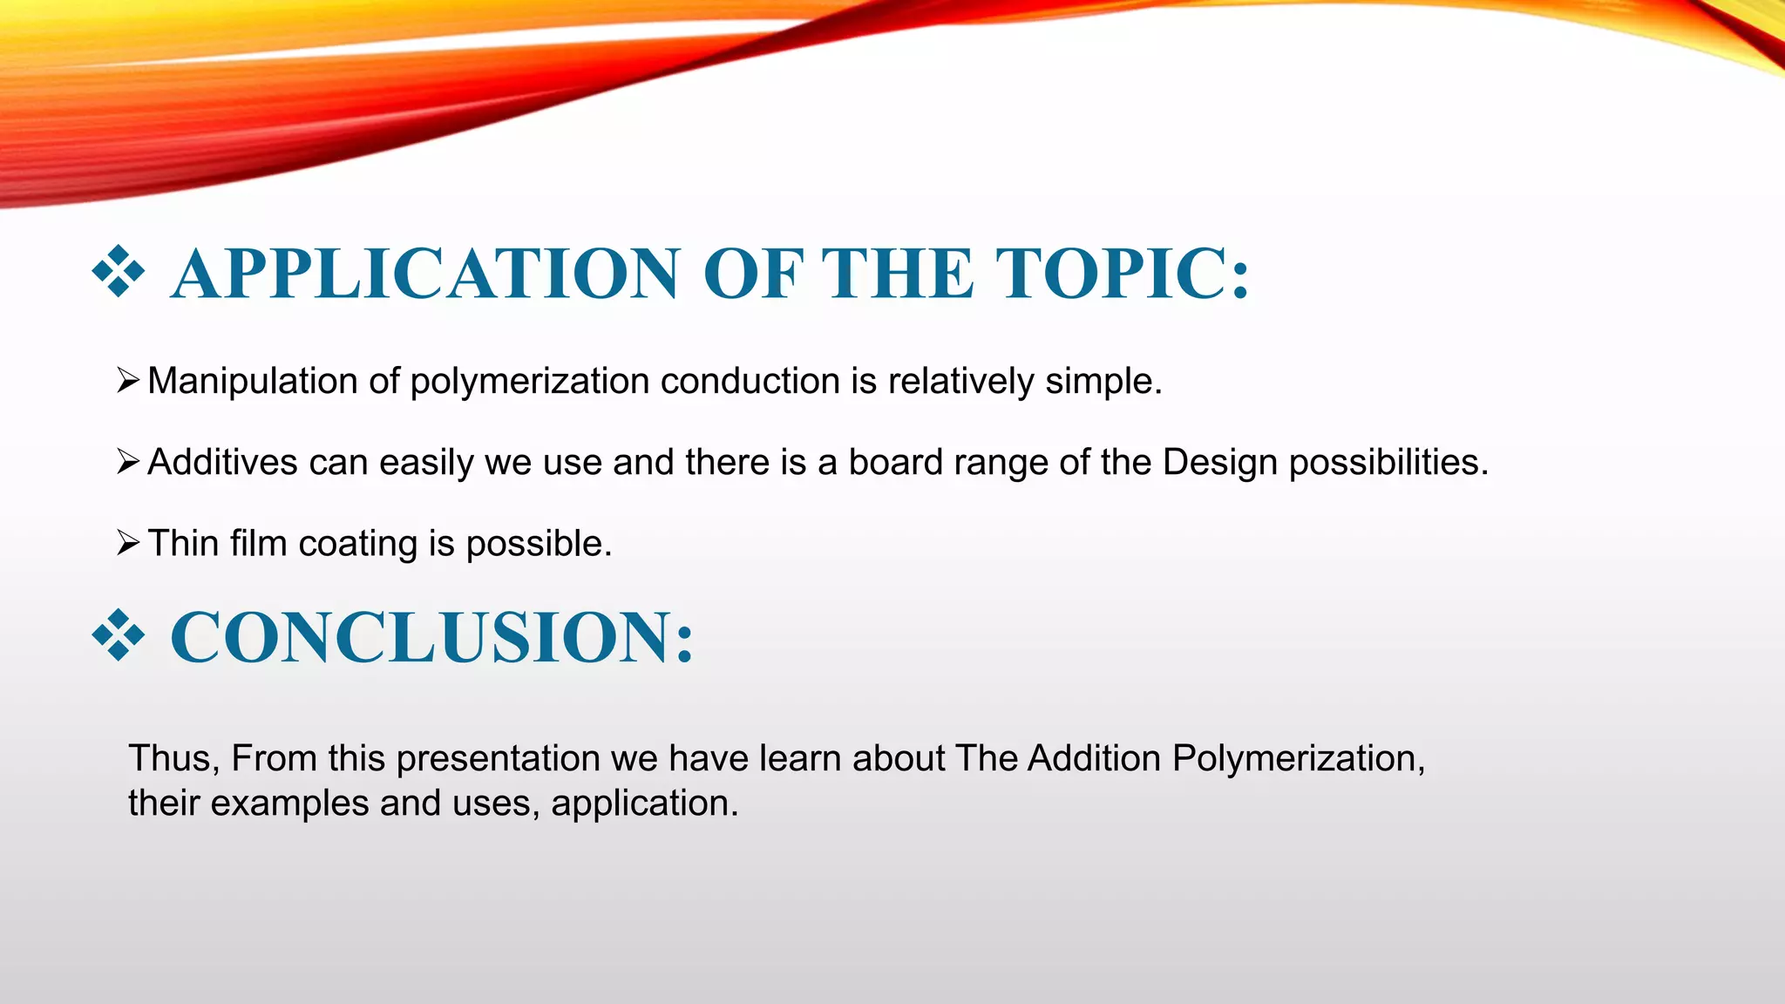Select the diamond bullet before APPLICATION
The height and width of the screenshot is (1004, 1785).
[x=118, y=272]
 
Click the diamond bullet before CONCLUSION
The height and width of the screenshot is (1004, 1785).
[x=118, y=635]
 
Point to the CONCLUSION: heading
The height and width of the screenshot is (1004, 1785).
[x=432, y=637]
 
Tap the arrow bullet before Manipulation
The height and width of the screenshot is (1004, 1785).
[x=127, y=381]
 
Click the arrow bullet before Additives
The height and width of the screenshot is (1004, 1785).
[x=127, y=462]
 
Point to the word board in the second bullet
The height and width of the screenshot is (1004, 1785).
[x=896, y=463]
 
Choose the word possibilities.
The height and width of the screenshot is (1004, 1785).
[x=1388, y=463]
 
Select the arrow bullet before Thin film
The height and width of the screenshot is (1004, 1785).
[x=127, y=543]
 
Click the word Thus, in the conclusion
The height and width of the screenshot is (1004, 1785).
[x=173, y=759]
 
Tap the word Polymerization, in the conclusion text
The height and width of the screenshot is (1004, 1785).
[x=1298, y=759]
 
